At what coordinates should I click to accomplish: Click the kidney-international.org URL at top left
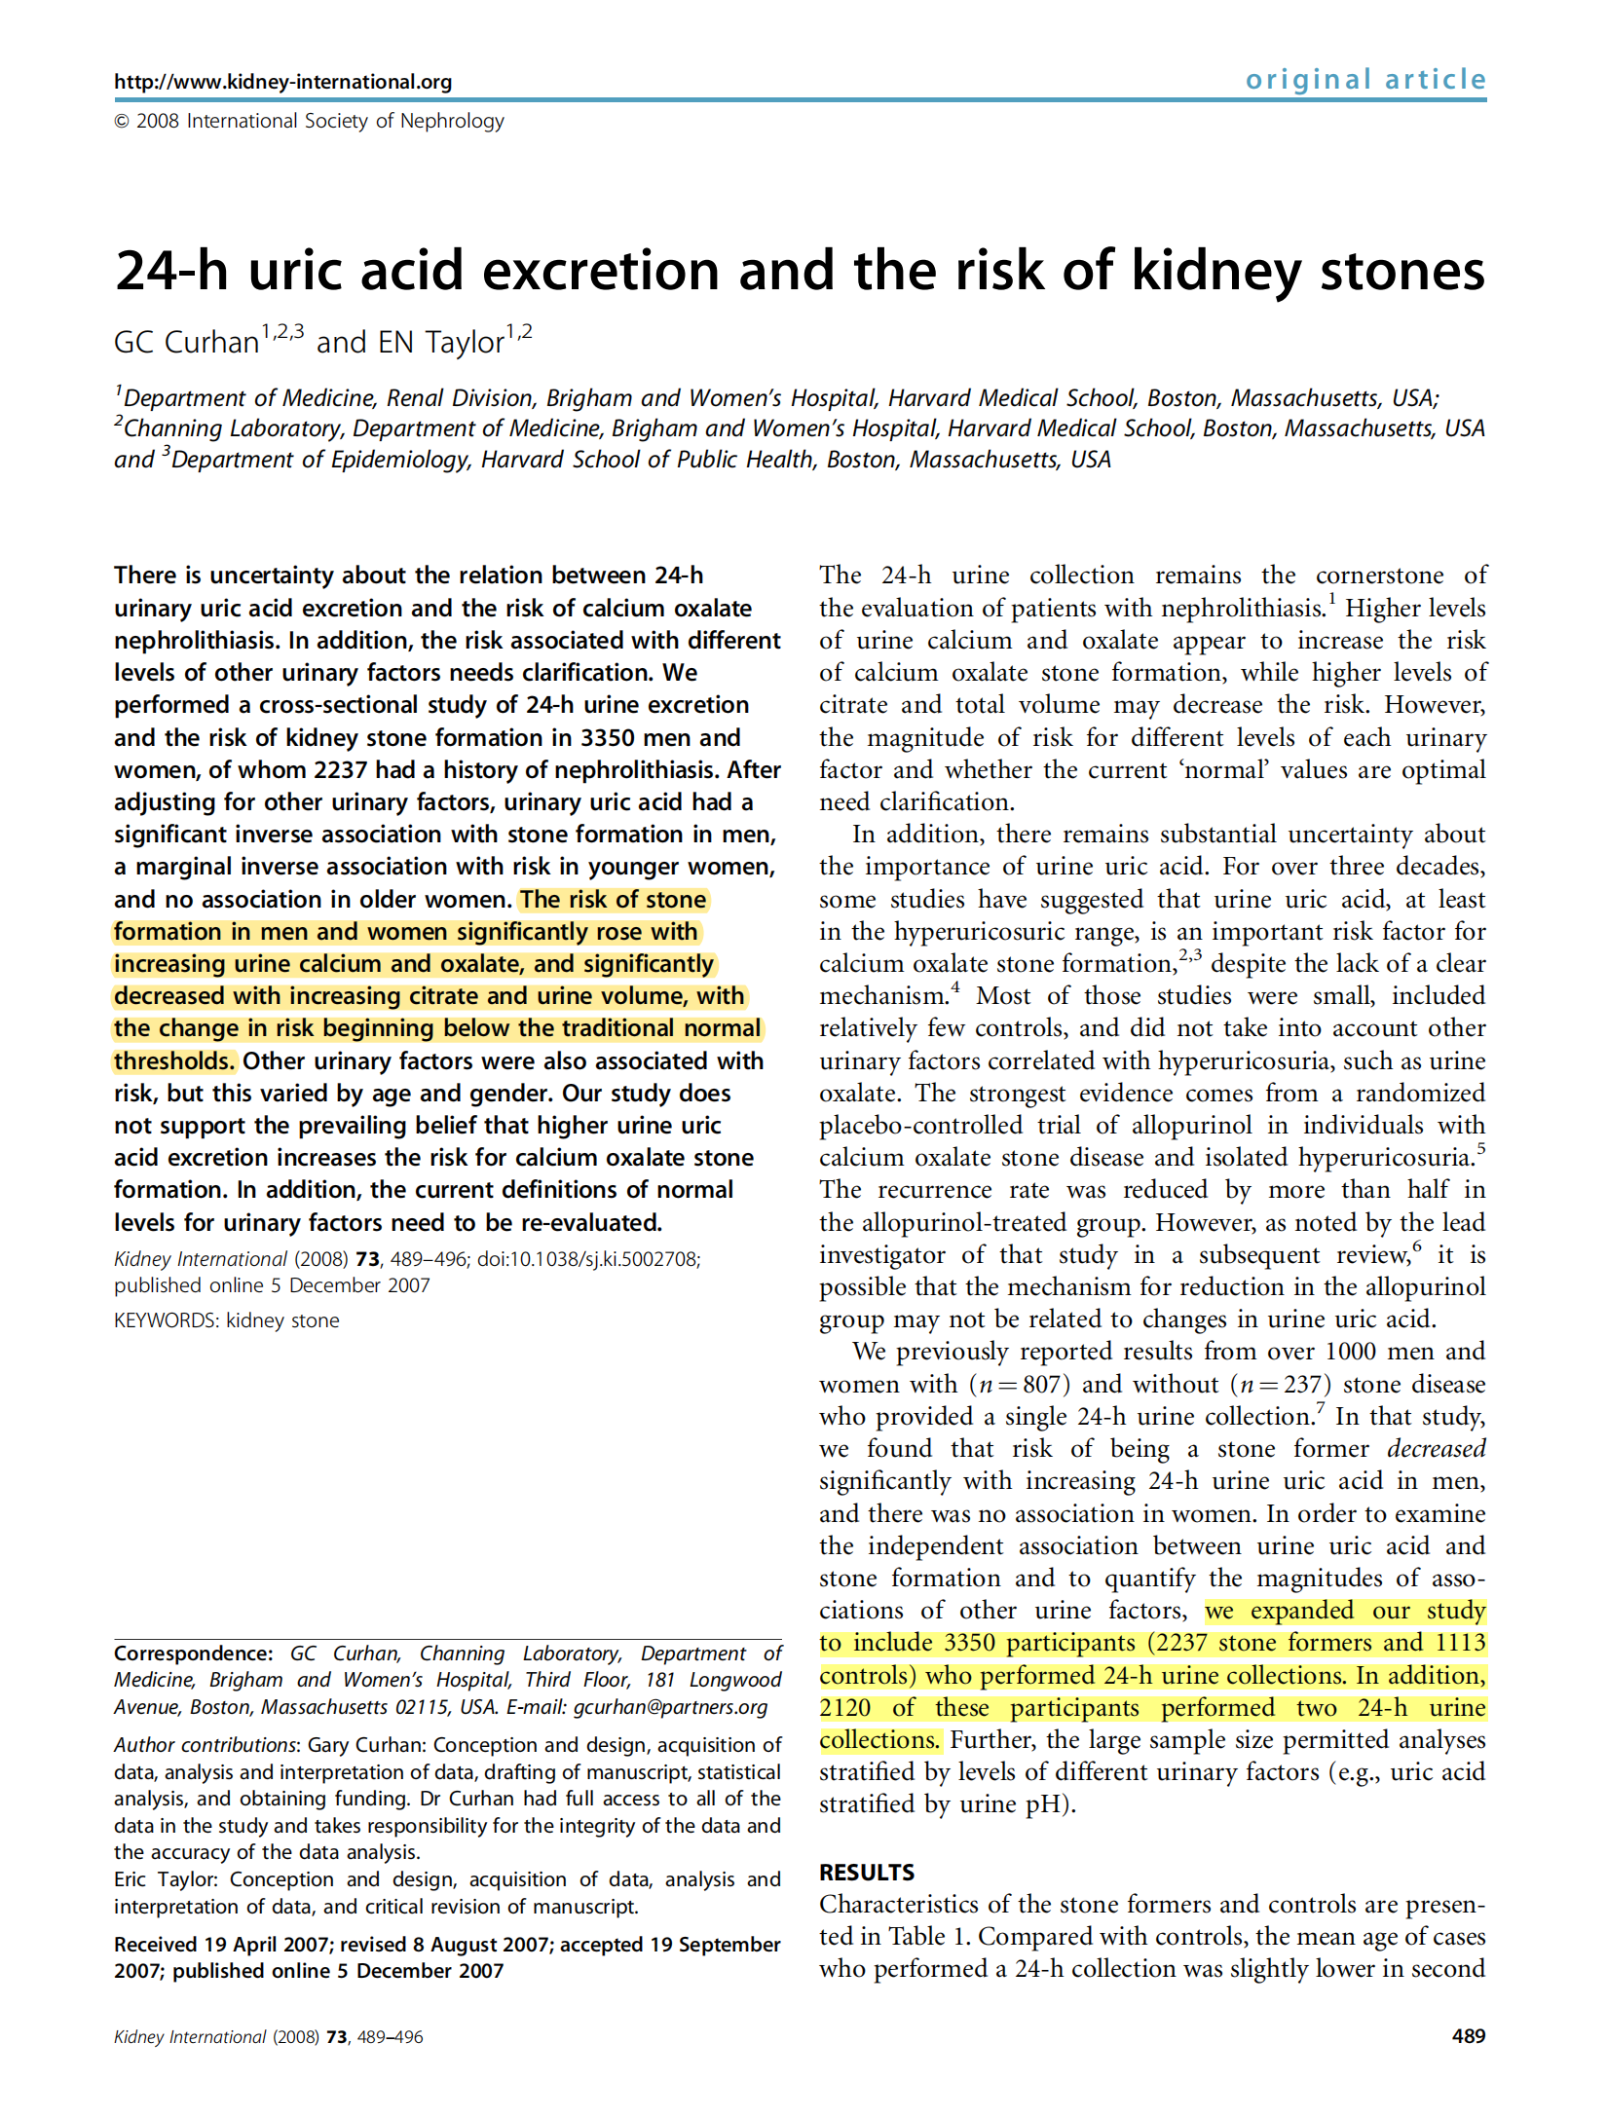coord(282,82)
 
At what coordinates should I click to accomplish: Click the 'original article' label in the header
coord(1364,80)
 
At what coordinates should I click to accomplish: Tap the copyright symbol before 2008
coord(122,122)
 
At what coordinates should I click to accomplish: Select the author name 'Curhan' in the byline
coord(211,343)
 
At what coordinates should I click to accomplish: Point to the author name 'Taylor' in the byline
coord(465,343)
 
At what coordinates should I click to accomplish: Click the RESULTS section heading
coord(866,1873)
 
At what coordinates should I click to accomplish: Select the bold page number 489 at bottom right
coord(1468,2036)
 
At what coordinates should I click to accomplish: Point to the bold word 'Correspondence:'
coord(193,1654)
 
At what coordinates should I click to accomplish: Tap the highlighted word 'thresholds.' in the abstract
coord(174,1061)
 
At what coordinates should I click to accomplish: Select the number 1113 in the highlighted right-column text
coord(1460,1643)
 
